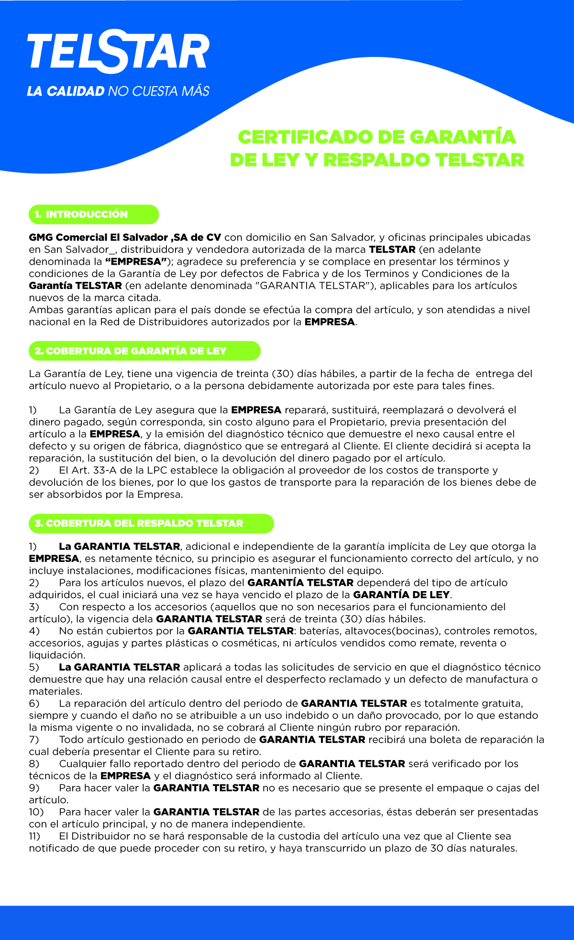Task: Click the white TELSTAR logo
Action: tap(118, 52)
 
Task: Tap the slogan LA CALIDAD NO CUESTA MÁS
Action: tap(118, 91)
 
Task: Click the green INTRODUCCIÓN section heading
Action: tap(87, 214)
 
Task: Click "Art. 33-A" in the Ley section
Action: tap(94, 470)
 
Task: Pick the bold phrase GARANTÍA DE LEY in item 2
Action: tap(401, 594)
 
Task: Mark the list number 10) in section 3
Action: tap(36, 812)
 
